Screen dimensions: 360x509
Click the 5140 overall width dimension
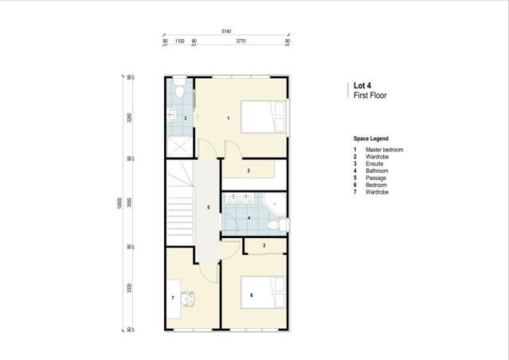(226, 31)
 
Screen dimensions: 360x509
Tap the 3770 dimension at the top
(241, 41)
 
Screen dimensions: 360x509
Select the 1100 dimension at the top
(179, 41)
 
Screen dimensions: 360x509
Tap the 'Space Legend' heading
(371, 139)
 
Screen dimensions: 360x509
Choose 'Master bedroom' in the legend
(384, 150)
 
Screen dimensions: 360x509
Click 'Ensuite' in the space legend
(374, 164)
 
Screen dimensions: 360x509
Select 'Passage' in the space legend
(375, 178)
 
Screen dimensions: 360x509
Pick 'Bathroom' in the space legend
(377, 170)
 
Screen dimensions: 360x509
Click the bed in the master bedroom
(264, 117)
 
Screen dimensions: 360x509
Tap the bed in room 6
(264, 292)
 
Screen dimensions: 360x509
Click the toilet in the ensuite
(180, 88)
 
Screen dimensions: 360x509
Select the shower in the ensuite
(179, 147)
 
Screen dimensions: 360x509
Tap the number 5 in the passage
(208, 208)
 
